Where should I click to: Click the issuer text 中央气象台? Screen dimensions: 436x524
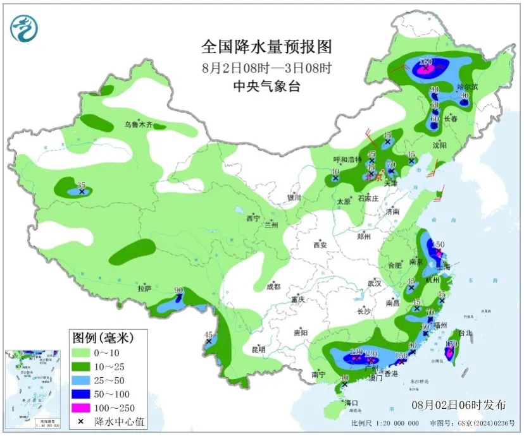pyautogui.click(x=266, y=86)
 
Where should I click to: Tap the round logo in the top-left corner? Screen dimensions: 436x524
pyautogui.click(x=24, y=28)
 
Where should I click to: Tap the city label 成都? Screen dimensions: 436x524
pyautogui.click(x=273, y=286)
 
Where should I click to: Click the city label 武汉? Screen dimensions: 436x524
pyautogui.click(x=375, y=283)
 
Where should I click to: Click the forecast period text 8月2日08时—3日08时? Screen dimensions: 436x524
pyautogui.click(x=266, y=67)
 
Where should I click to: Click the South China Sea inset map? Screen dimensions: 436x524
pyautogui.click(x=33, y=386)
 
